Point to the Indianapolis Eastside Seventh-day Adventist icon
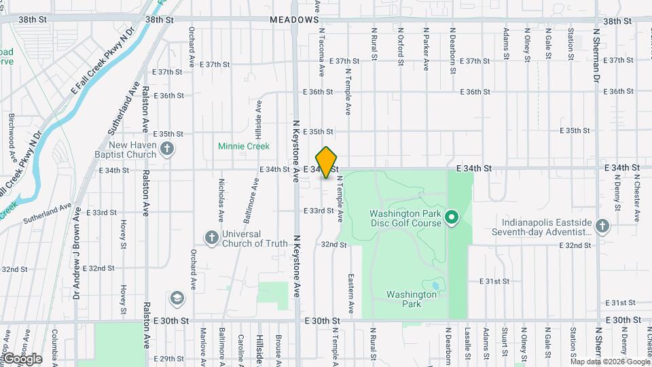pyautogui.click(x=602, y=225)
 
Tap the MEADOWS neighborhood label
pyautogui.click(x=294, y=20)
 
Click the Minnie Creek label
pyautogui.click(x=243, y=146)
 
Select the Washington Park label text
pyautogui.click(x=412, y=299)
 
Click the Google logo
pyautogui.click(x=22, y=359)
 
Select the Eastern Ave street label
pyautogui.click(x=351, y=294)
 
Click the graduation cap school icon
pyautogui.click(x=177, y=298)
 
